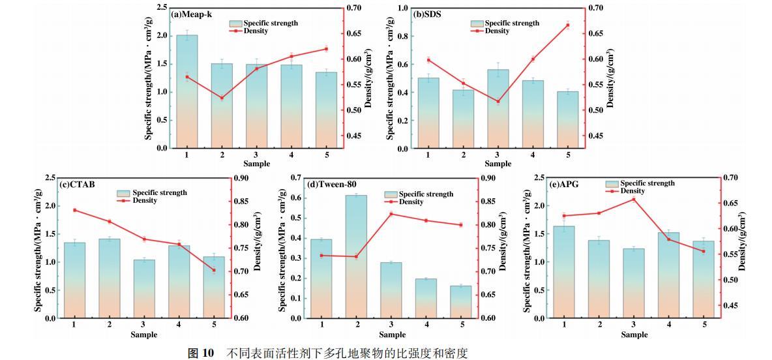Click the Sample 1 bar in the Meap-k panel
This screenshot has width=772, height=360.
pos(186,91)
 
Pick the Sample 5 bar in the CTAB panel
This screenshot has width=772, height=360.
pos(215,287)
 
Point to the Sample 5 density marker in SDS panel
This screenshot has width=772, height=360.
pos(567,25)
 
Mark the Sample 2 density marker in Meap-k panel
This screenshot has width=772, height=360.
pos(222,98)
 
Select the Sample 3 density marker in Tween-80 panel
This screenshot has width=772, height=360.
pos(391,214)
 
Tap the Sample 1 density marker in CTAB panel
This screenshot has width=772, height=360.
pos(74,210)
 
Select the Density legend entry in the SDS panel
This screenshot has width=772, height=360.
pos(497,31)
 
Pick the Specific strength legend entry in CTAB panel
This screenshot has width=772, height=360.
pos(160,193)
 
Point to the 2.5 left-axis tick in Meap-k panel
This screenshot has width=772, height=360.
pos(159,8)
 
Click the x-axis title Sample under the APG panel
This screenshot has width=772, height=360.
pos(634,335)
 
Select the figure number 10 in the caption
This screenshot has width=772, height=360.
pos(208,353)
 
